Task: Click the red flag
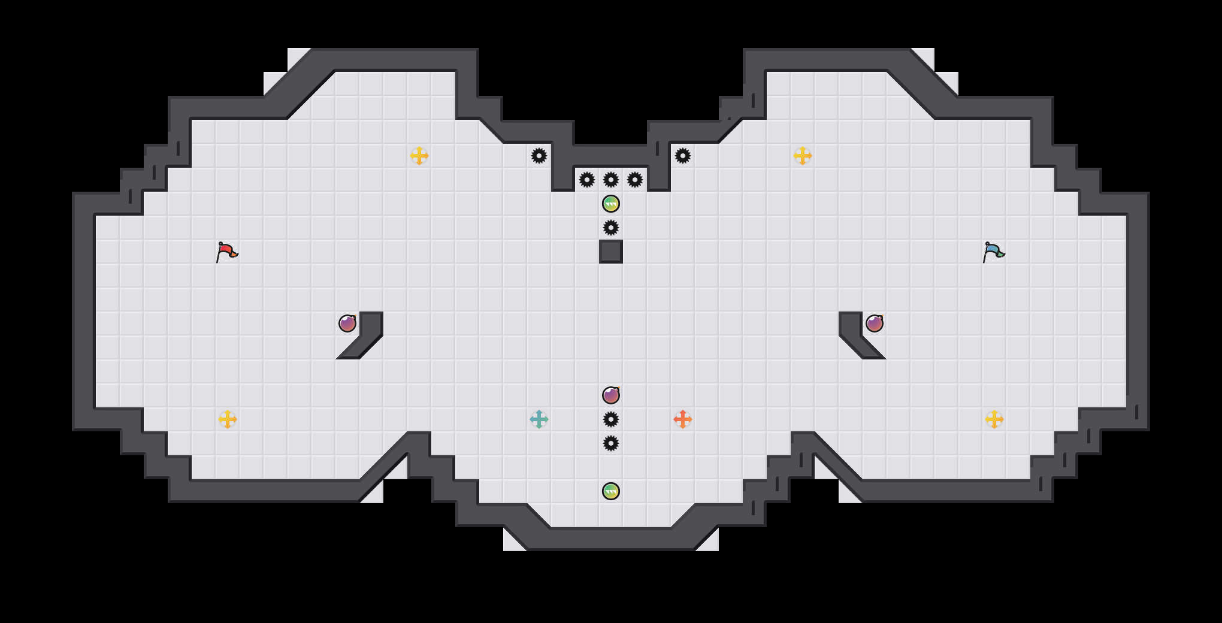pyautogui.click(x=226, y=252)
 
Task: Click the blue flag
pyautogui.click(x=993, y=252)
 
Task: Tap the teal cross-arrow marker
pyautogui.click(x=539, y=419)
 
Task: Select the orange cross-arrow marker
pyautogui.click(x=683, y=419)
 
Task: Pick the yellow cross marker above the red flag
pyautogui.click(x=419, y=156)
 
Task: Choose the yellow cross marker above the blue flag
pyautogui.click(x=803, y=156)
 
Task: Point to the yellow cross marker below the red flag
pyautogui.click(x=228, y=419)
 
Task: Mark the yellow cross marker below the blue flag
pyautogui.click(x=994, y=419)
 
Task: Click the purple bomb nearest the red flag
pyautogui.click(x=347, y=323)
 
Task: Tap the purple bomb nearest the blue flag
pyautogui.click(x=875, y=323)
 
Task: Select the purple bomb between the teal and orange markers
pyautogui.click(x=611, y=395)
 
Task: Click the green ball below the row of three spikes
pyautogui.click(x=611, y=204)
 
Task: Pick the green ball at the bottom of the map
pyautogui.click(x=611, y=491)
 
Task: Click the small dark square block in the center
pyautogui.click(x=611, y=252)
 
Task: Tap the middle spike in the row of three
pyautogui.click(x=611, y=180)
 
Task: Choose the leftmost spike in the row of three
pyautogui.click(x=587, y=180)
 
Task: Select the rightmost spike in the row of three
pyautogui.click(x=635, y=180)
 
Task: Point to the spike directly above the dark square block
pyautogui.click(x=611, y=228)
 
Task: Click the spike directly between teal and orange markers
pyautogui.click(x=611, y=419)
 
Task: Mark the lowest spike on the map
pyautogui.click(x=611, y=443)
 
